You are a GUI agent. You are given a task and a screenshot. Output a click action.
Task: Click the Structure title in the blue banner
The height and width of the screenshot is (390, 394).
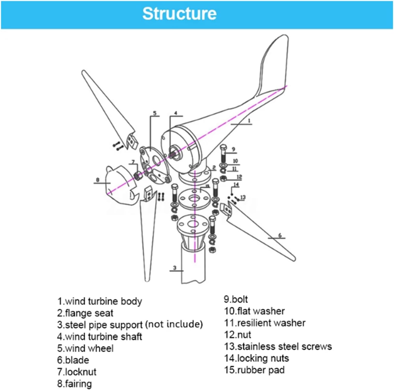coord(179,14)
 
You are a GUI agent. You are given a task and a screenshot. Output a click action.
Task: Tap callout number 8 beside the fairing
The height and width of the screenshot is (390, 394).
coord(98,180)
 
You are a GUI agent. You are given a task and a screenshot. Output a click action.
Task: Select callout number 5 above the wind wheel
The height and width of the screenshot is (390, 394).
coord(155,113)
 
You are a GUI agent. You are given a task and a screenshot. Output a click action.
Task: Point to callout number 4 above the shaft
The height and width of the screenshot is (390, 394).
coord(175,113)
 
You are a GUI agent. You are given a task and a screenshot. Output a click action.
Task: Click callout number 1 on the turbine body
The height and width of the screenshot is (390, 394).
coord(249,121)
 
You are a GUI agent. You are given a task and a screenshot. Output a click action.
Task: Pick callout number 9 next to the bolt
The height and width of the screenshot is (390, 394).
coord(233,149)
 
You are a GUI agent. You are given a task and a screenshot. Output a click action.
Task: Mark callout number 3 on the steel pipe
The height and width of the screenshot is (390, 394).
coord(175,268)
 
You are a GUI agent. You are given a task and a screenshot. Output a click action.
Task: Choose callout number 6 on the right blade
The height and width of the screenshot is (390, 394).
coord(280,235)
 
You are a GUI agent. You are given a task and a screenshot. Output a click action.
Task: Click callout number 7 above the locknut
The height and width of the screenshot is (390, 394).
coord(133,162)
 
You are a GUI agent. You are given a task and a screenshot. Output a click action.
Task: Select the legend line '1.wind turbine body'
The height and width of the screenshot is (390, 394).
coord(100,301)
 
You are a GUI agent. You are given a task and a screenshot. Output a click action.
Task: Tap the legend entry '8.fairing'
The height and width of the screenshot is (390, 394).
coord(74,384)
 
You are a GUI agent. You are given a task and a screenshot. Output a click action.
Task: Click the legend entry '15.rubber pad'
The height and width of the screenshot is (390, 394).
coord(254,370)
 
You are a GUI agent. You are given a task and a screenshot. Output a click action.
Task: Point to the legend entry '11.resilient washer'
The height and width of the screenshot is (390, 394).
coord(265,323)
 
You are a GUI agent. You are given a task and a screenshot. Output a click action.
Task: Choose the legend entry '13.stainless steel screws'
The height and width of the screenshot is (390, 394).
coord(278,346)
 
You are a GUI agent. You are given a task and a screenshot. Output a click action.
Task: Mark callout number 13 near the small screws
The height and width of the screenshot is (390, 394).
coord(243,197)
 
